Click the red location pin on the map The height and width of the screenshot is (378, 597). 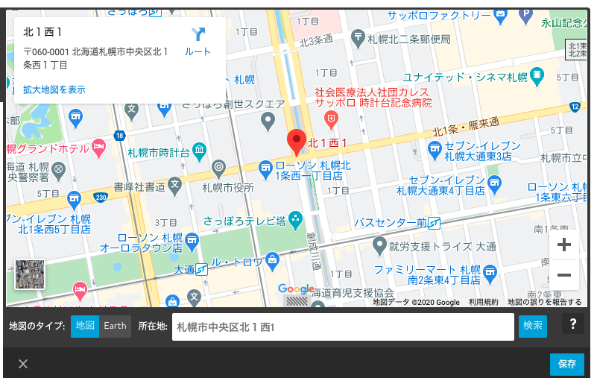point(297,141)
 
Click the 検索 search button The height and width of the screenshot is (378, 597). point(533,326)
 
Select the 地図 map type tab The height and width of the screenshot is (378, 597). point(85,326)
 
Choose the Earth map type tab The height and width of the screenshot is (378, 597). point(115,326)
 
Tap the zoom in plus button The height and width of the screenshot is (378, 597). point(563,245)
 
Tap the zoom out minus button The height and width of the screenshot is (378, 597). point(563,275)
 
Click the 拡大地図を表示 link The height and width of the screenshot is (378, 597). point(54,89)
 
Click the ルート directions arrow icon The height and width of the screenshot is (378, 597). point(198,34)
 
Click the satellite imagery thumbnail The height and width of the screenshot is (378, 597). point(30,274)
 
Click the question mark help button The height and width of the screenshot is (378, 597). point(573,324)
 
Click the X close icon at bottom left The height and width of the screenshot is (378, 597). point(23,364)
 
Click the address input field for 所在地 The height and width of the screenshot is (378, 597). point(343,327)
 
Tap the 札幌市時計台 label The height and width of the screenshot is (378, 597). point(159,152)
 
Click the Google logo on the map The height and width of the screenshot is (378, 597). point(296,289)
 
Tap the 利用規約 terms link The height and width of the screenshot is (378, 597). point(483,302)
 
